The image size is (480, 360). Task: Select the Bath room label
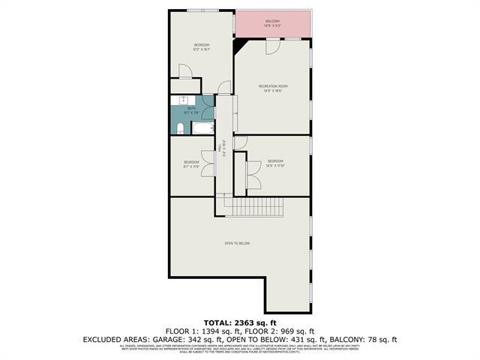[192, 109]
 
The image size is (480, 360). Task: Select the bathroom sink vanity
[184, 100]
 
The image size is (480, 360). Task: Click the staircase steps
[255, 206]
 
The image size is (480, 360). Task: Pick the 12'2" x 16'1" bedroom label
[202, 47]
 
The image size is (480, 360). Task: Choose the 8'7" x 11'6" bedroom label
[192, 164]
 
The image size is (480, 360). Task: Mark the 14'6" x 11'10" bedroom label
[275, 163]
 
